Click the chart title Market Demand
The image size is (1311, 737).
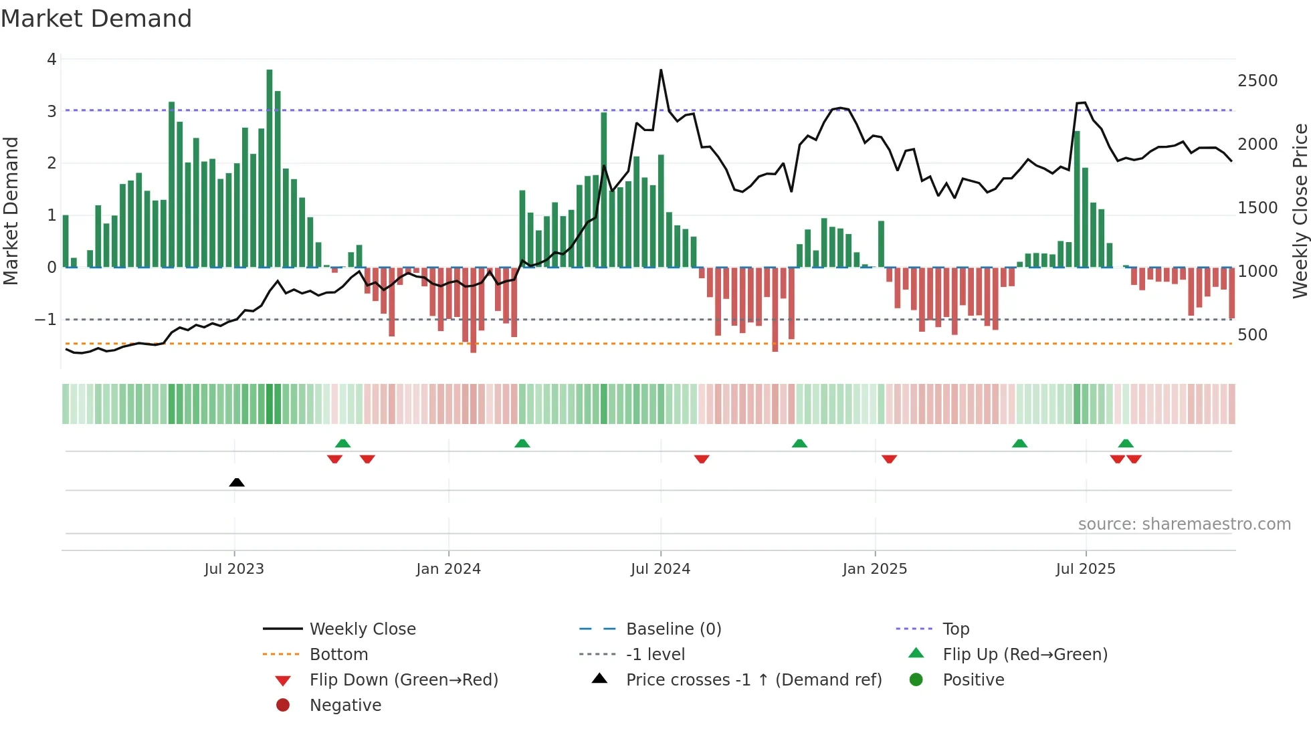(x=96, y=19)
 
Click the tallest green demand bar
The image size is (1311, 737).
(x=270, y=167)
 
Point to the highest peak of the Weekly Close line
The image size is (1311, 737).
(x=661, y=71)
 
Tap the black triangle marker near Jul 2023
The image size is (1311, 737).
(x=237, y=482)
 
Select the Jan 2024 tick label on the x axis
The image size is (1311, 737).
(x=448, y=569)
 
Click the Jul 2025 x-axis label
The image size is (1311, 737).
(x=1086, y=569)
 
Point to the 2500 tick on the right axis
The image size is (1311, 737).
(x=1257, y=81)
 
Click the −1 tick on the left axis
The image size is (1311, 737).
(x=45, y=320)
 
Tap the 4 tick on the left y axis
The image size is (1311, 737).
(x=52, y=60)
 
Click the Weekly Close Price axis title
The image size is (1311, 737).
(x=1300, y=211)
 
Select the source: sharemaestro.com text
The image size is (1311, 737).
(x=1184, y=524)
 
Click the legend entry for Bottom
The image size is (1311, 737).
(x=338, y=655)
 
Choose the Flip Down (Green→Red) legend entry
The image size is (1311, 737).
(x=403, y=680)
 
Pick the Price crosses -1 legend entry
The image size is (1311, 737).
(x=754, y=680)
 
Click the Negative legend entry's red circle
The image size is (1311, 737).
(x=283, y=706)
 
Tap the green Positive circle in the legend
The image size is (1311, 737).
(x=916, y=680)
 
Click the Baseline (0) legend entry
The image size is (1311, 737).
(x=673, y=629)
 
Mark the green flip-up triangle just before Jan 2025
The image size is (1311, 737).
(x=799, y=443)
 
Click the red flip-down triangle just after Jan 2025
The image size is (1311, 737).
(x=889, y=459)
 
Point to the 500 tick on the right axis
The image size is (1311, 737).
(x=1252, y=335)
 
